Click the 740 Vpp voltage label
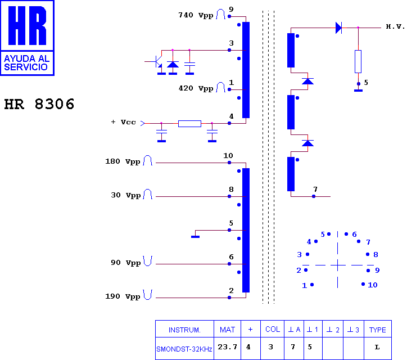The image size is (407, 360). [x=196, y=15]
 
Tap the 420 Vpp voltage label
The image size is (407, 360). [x=196, y=88]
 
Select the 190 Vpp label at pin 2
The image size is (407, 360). [x=123, y=296]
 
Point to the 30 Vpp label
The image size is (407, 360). [x=125, y=195]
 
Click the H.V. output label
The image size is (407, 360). [x=395, y=26]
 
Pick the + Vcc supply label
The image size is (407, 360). [x=123, y=122]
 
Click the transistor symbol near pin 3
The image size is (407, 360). [x=156, y=61]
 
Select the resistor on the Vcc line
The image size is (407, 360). [x=190, y=124]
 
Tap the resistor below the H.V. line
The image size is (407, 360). [x=358, y=61]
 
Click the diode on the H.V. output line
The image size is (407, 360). [x=339, y=28]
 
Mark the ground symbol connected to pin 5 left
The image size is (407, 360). [x=195, y=237]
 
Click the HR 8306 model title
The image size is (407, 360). [x=39, y=104]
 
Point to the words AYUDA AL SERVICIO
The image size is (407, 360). [x=27, y=63]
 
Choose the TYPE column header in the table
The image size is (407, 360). [x=377, y=330]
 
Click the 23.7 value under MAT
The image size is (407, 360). [x=227, y=347]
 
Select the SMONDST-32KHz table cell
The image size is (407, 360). [x=184, y=349]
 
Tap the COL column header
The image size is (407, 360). [x=273, y=330]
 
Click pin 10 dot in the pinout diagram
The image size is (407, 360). [x=363, y=284]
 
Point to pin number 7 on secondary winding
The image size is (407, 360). [x=315, y=189]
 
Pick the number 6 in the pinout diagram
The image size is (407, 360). [x=354, y=235]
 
